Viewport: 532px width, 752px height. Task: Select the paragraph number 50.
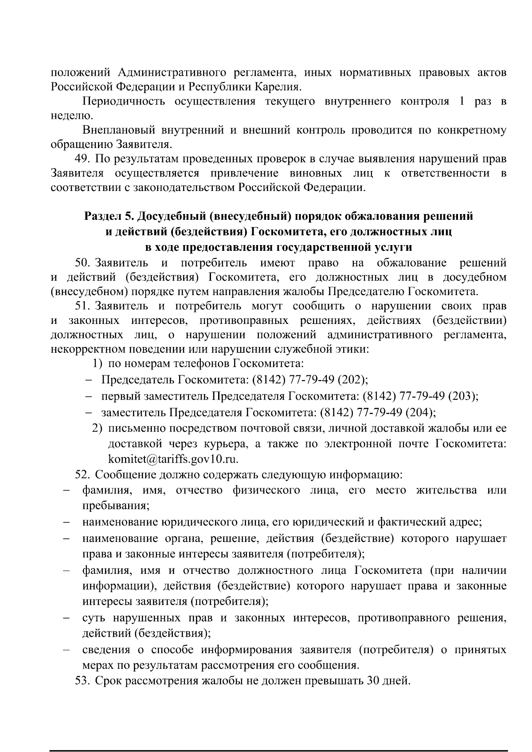point(83,263)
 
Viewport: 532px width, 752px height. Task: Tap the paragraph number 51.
point(83,306)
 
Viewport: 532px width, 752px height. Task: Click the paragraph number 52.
point(83,475)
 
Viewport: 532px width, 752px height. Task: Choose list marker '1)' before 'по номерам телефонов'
point(98,364)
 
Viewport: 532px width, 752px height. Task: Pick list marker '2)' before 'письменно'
point(98,428)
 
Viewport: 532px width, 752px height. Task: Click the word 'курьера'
point(228,444)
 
